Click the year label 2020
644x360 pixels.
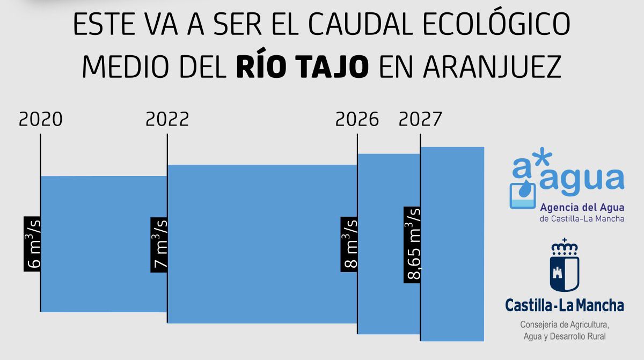[41, 119]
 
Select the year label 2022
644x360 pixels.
[167, 119]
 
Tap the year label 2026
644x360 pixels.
[357, 119]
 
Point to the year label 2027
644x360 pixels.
[420, 119]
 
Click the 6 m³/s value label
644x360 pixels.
[32, 244]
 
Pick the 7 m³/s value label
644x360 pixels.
[159, 244]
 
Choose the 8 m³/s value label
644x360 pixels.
[349, 244]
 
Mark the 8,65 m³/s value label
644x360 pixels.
[412, 244]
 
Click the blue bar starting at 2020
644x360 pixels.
[104, 244]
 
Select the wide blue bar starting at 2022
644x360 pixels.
[262, 244]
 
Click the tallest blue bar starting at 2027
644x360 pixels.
[452, 244]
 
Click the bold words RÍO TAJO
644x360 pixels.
[302, 67]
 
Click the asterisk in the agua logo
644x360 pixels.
[543, 159]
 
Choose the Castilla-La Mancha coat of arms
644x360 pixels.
[564, 266]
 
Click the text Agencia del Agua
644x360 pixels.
[582, 208]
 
